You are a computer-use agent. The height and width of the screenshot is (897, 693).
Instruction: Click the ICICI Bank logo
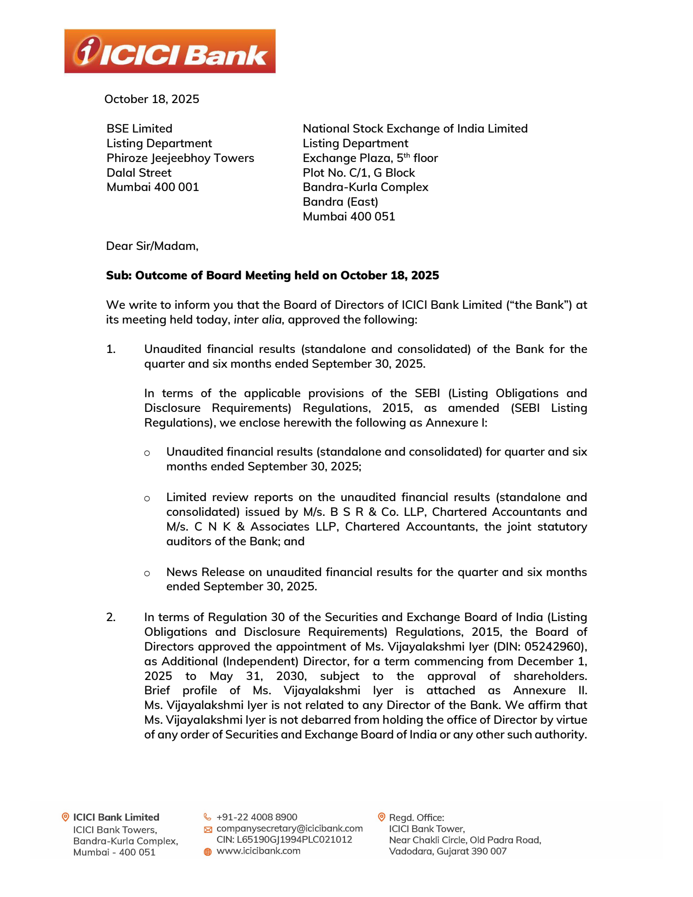[170, 51]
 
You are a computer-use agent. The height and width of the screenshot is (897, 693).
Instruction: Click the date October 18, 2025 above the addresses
[152, 99]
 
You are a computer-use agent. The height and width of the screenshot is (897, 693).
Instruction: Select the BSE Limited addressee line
[139, 129]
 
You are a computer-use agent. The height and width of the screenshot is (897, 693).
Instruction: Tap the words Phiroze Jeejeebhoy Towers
[180, 158]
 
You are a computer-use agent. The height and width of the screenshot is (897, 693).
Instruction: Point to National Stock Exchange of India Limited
[415, 129]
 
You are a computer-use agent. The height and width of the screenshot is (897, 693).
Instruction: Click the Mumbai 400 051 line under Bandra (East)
[349, 217]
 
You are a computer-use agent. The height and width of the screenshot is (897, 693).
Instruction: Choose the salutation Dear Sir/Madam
[152, 246]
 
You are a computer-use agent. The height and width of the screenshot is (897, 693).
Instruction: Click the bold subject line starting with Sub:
[272, 275]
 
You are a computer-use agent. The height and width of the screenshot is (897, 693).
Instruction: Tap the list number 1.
[111, 349]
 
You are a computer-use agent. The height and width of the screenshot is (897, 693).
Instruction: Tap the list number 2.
[111, 617]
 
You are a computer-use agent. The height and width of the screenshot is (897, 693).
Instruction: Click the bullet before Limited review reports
[147, 499]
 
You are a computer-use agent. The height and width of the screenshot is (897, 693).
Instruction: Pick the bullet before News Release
[147, 573]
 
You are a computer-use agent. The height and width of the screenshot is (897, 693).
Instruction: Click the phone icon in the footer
[207, 817]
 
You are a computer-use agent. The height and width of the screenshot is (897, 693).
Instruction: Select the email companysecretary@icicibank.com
[289, 829]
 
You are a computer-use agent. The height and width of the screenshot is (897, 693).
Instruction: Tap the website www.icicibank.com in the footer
[258, 851]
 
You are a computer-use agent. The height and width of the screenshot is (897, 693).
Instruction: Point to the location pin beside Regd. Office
[382, 817]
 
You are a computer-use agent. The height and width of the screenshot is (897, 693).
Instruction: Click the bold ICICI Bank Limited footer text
[116, 817]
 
